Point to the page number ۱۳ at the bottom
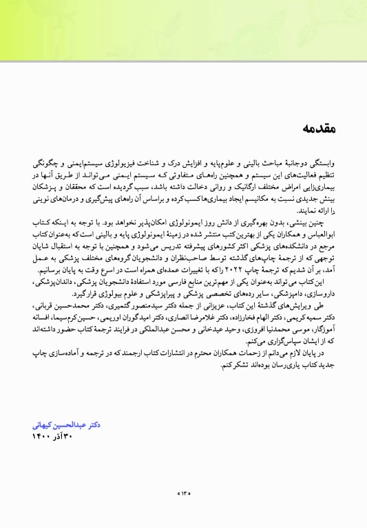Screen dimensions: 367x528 (x=183, y=492)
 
